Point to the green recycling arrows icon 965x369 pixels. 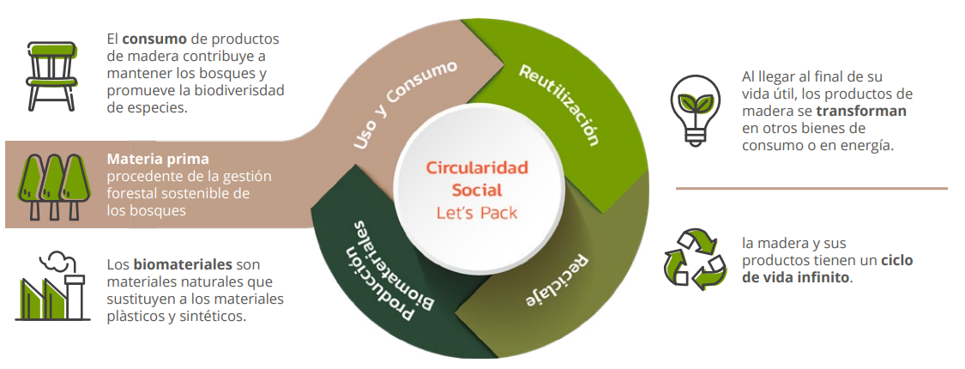(x=695, y=257)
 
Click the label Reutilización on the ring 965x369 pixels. (x=558, y=103)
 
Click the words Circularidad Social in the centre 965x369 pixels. (x=477, y=178)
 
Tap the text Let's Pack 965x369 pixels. (x=477, y=212)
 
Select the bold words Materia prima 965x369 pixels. (x=158, y=160)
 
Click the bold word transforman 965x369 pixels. (x=861, y=111)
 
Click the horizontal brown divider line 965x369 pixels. (x=811, y=188)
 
